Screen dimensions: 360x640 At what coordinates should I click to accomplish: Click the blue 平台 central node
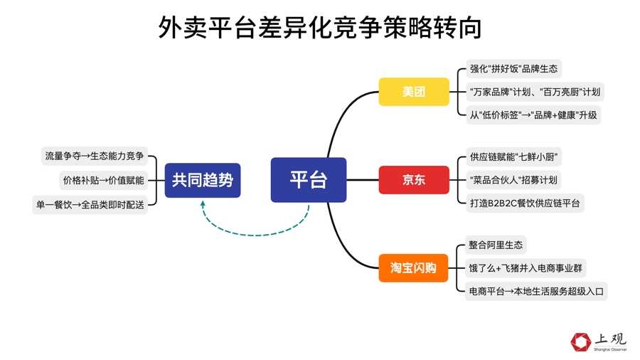pos(308,180)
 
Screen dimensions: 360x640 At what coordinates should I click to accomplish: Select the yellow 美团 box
pos(413,92)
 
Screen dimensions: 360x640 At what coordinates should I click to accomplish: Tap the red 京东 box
pos(413,180)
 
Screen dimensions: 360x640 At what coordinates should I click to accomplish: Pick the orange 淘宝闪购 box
pos(413,268)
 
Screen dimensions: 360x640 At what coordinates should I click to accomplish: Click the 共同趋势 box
pos(203,180)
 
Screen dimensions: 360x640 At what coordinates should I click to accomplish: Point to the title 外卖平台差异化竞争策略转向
pos(320,28)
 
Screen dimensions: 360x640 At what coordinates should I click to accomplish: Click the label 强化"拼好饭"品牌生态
pos(513,69)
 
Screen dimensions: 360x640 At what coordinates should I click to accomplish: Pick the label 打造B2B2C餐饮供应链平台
pos(525,203)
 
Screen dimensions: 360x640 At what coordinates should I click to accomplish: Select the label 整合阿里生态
pos(496,245)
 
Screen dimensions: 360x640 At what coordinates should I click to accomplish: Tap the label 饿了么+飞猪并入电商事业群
pos(526,268)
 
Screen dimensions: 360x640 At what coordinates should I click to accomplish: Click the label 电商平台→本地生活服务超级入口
pos(537,291)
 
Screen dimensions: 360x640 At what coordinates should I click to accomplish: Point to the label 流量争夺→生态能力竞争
pos(94,157)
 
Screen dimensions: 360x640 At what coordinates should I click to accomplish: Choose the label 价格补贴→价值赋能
pos(103,180)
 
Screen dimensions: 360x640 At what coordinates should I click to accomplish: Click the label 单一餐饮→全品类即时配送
pos(89,204)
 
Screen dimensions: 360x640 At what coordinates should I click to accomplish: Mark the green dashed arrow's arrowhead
pos(203,204)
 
